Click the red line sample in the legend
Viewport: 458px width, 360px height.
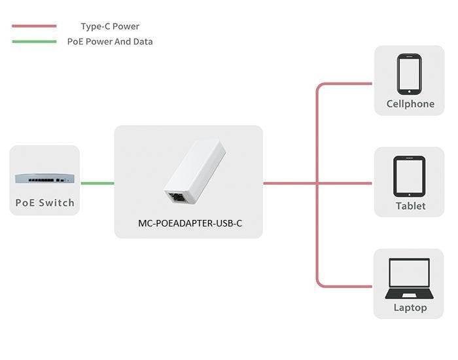click(34, 27)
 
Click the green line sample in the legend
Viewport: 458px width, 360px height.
click(34, 41)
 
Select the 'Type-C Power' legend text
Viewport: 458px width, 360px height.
click(110, 27)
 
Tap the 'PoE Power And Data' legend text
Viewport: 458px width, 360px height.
click(110, 41)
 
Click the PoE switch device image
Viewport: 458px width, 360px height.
click(44, 177)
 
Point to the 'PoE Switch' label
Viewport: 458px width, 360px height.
click(44, 202)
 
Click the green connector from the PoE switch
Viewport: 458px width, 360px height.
click(97, 183)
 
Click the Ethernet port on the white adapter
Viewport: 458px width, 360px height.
click(175, 196)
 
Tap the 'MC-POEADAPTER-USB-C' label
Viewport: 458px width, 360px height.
click(190, 223)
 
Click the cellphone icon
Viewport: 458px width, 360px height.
click(410, 74)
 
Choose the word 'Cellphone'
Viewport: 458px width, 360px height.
click(410, 103)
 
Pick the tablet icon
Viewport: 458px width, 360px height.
click(410, 176)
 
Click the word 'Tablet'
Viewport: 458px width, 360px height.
click(410, 206)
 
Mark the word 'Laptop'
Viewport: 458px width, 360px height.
click(410, 308)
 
